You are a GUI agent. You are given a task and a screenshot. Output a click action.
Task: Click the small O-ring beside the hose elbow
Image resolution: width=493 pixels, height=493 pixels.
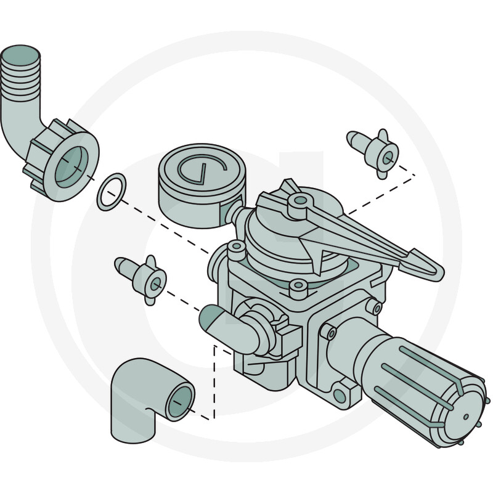tap(112, 192)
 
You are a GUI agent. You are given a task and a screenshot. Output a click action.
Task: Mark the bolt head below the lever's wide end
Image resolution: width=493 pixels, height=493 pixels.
tap(298, 285)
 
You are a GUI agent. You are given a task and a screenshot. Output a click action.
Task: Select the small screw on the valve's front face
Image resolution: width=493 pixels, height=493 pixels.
tap(331, 333)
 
